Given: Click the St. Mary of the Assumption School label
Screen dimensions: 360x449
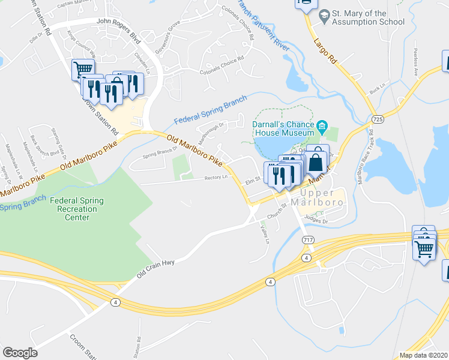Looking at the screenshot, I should (368, 17).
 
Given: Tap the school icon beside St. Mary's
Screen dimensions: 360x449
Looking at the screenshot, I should (324, 17).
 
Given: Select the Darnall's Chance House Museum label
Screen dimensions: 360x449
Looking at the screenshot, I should (284, 128).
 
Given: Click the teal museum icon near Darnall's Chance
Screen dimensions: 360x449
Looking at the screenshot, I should (322, 126).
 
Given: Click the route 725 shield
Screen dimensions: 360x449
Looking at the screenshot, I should (377, 120).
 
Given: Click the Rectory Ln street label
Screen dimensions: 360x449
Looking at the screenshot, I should (216, 177).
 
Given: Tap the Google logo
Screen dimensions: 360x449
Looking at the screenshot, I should (20, 353).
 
